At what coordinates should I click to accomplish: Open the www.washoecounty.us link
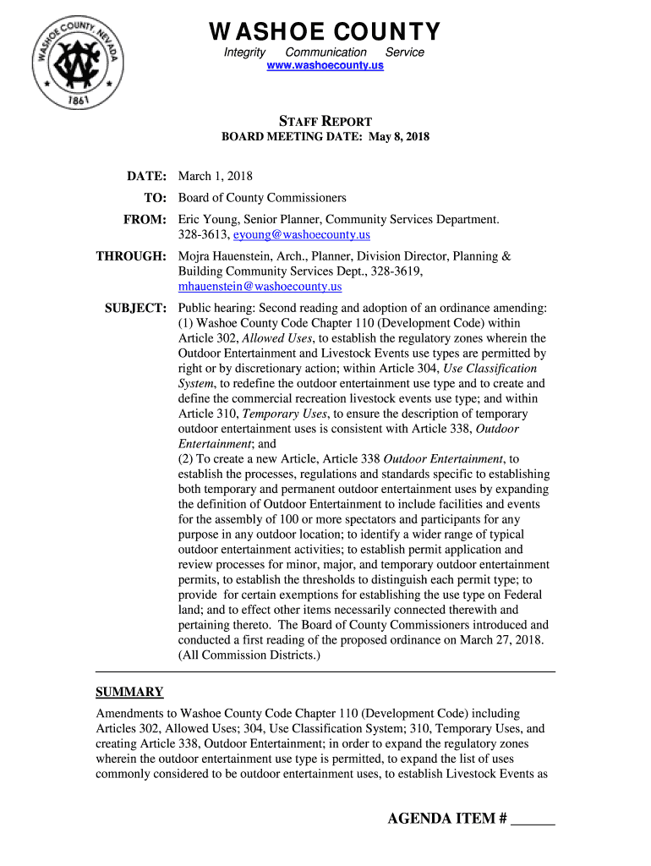pyautogui.click(x=325, y=66)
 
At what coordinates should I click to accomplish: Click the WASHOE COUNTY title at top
pyautogui.click(x=325, y=32)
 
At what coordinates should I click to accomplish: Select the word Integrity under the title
pyautogui.click(x=244, y=52)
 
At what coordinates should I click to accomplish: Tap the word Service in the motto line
pyautogui.click(x=405, y=52)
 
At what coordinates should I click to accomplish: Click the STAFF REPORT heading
pyautogui.click(x=325, y=121)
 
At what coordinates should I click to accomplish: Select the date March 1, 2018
pyautogui.click(x=215, y=177)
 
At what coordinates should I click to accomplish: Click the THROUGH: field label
pyautogui.click(x=131, y=256)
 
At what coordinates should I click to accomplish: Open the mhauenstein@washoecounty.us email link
pyautogui.click(x=260, y=287)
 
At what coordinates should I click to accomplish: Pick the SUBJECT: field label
pyautogui.click(x=134, y=308)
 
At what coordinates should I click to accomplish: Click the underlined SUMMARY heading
pyautogui.click(x=129, y=692)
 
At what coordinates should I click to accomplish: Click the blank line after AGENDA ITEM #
pyautogui.click(x=534, y=820)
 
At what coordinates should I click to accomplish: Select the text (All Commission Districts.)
pyautogui.click(x=249, y=655)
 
